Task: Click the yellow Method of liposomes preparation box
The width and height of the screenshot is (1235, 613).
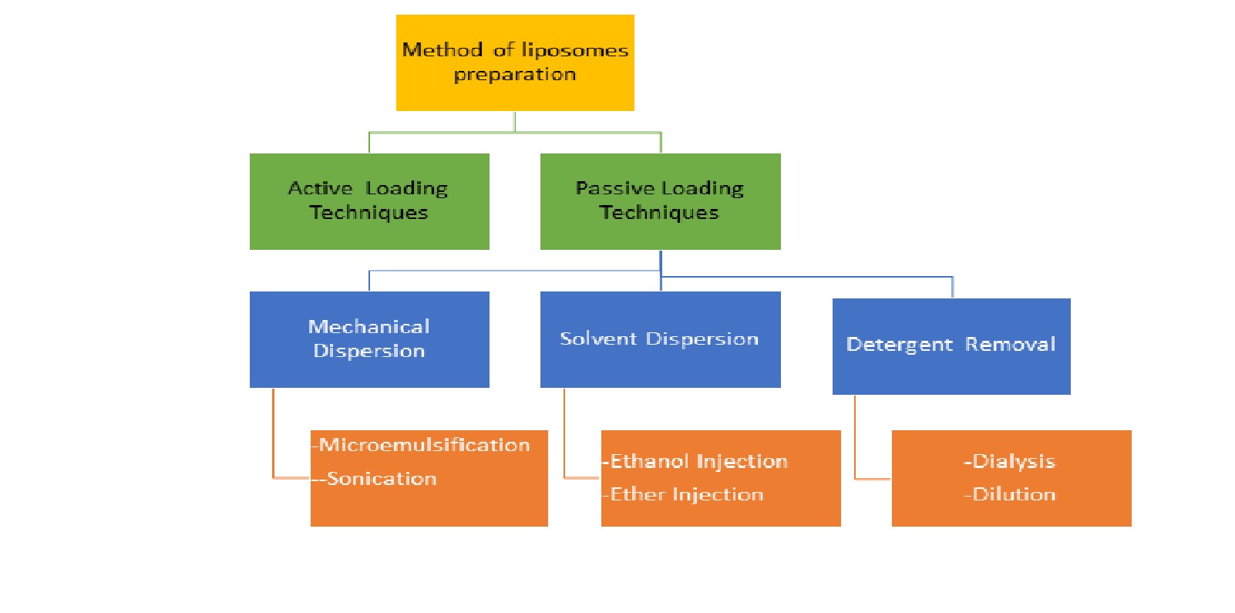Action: point(515,63)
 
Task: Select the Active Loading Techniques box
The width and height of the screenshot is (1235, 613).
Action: point(369,201)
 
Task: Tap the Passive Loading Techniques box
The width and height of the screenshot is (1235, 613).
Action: point(661,201)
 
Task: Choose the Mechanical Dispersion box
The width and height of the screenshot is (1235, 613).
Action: point(369,339)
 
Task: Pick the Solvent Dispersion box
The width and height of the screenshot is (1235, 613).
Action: point(661,339)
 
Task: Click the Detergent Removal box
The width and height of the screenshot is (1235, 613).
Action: point(951,346)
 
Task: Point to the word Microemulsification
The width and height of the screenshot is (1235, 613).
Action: point(424,445)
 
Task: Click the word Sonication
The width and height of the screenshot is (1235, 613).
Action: point(382,479)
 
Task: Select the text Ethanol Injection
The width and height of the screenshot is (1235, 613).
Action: point(698,461)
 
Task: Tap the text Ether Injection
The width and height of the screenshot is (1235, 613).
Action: point(686,494)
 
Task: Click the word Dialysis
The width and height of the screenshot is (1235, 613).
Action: point(1013,461)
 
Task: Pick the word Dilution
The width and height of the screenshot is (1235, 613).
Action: point(1013,494)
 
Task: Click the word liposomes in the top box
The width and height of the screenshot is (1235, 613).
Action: point(574,51)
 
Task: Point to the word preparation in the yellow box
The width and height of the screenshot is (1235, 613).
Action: point(515,75)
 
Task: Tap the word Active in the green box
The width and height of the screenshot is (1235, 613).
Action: point(320,189)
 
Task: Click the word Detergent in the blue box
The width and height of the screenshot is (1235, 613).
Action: point(899,345)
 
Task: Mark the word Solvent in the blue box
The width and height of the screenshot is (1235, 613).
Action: point(598,338)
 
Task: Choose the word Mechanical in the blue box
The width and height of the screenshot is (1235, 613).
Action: point(368,326)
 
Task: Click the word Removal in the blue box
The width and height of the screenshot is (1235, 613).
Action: point(1010,344)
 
